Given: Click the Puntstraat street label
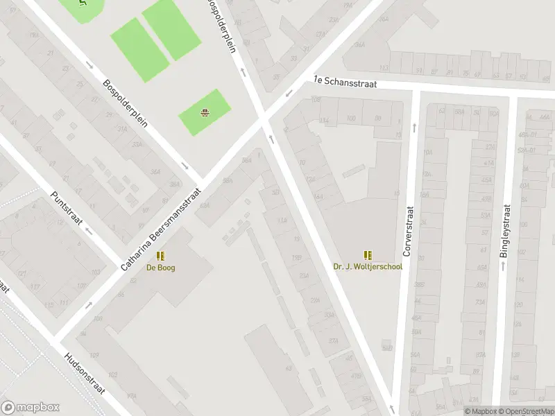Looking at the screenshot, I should (67, 209).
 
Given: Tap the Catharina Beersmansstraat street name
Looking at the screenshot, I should (161, 229).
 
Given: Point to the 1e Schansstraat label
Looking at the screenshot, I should (345, 81).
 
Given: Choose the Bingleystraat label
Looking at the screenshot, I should (506, 231).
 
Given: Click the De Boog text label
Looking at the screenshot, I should (160, 268).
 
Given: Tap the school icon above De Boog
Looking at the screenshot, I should (160, 256).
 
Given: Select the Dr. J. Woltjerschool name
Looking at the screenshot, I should (368, 267).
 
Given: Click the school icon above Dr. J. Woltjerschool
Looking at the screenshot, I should (368, 255).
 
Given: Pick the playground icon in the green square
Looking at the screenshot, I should (205, 113).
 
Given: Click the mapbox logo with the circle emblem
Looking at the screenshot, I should (30, 408).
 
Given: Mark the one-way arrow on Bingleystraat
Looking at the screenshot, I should (504, 264).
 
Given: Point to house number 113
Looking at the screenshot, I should (384, 69).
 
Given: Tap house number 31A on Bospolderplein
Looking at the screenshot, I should (122, 129).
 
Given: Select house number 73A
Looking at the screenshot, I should (479, 302).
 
